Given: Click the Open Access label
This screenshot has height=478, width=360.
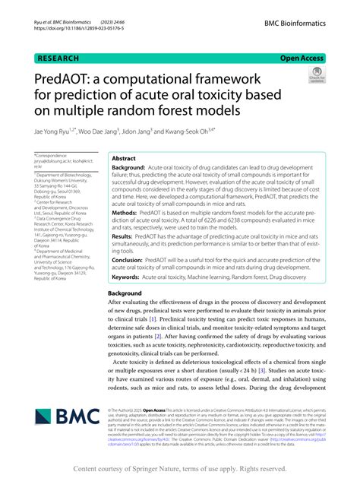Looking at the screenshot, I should (x=302, y=56).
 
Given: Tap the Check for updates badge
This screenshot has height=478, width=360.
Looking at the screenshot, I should (x=317, y=77).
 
